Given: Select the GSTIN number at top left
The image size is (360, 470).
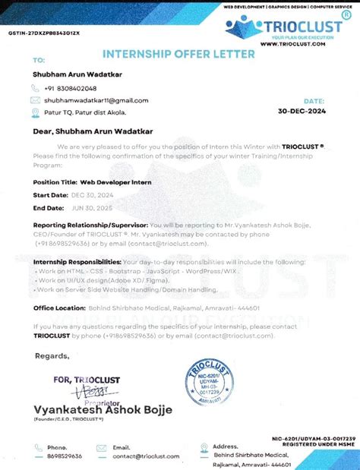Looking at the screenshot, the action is [44, 34].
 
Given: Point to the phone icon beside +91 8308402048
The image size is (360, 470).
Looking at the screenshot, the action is [35, 88].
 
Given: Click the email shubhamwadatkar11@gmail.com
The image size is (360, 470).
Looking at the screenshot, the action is [96, 100].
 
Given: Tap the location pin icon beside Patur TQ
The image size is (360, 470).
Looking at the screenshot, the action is [35, 112].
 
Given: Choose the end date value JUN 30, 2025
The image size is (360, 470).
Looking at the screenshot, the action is [92, 207].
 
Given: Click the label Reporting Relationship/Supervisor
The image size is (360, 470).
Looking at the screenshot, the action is [90, 226].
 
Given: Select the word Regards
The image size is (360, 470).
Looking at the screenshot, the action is [52, 355].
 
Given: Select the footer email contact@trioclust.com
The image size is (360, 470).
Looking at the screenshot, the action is [146, 456].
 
